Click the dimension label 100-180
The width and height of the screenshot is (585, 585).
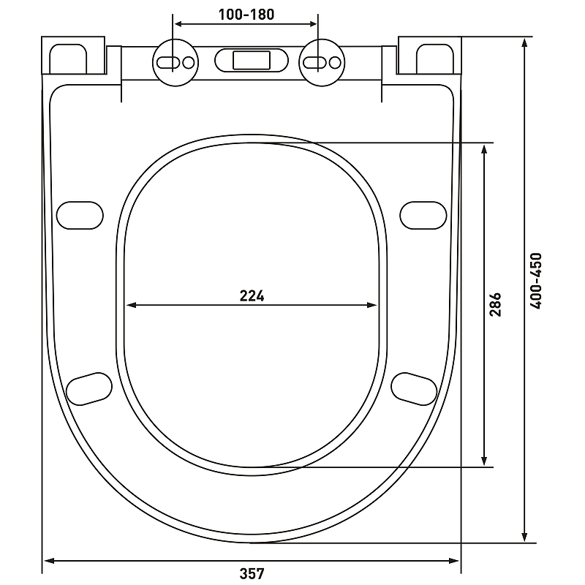(x=246, y=15)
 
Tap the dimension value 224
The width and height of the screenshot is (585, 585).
(x=252, y=296)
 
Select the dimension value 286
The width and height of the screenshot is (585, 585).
(x=496, y=305)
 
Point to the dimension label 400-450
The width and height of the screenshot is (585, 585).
(x=536, y=281)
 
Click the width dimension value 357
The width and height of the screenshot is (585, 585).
(x=252, y=573)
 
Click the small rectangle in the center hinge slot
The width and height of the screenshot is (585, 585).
(x=252, y=61)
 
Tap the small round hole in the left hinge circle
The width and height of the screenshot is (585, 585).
(x=189, y=62)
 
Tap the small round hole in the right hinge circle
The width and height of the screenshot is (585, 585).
(x=335, y=62)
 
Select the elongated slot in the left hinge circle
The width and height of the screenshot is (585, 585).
(x=168, y=62)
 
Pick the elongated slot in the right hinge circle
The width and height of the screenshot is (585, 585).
(x=315, y=62)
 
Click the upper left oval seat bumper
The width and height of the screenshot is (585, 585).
(x=80, y=215)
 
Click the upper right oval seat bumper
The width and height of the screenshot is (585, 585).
(x=423, y=215)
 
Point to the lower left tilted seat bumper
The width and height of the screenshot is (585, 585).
(x=89, y=389)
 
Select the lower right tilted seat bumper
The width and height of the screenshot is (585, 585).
(x=414, y=389)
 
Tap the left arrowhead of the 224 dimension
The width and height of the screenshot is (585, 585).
(x=132, y=305)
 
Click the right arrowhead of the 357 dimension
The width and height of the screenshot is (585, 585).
(x=454, y=560)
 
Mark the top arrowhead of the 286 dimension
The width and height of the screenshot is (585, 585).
(x=484, y=150)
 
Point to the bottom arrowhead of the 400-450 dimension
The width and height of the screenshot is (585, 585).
(x=524, y=537)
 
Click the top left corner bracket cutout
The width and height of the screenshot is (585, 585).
(x=68, y=59)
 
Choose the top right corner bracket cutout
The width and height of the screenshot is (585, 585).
(x=435, y=59)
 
